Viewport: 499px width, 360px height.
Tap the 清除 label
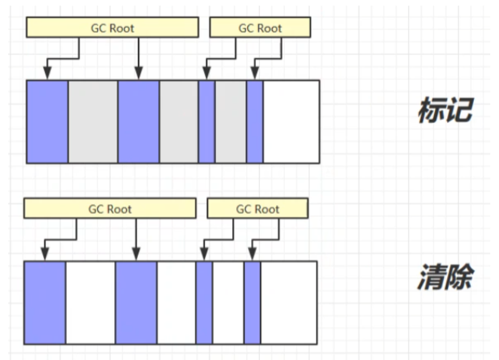click(445, 277)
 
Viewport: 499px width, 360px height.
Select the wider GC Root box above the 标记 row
click(112, 27)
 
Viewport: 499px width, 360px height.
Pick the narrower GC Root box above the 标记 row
click(260, 27)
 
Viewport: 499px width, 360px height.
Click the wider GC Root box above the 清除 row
click(110, 209)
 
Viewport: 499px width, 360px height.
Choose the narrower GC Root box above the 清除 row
click(257, 209)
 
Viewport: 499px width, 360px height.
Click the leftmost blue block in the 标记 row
click(47, 121)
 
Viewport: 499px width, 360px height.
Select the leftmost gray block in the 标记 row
click(92, 121)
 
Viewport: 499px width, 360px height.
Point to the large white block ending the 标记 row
click(291, 121)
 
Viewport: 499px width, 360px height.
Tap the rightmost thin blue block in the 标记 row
click(255, 121)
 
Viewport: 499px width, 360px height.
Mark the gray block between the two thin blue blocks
click(230, 121)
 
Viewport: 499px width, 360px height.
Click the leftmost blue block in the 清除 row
click(44, 302)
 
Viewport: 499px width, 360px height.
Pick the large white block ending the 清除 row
click(289, 302)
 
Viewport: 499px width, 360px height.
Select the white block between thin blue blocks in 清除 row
click(228, 302)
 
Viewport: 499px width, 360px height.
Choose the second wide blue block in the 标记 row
click(138, 121)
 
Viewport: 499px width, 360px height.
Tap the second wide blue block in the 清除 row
click(136, 302)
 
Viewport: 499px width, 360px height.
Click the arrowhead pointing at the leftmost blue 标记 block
click(47, 74)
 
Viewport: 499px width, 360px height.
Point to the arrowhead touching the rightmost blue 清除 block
click(252, 256)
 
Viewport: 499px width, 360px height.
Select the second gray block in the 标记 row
click(179, 121)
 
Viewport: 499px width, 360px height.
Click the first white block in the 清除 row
click(90, 302)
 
